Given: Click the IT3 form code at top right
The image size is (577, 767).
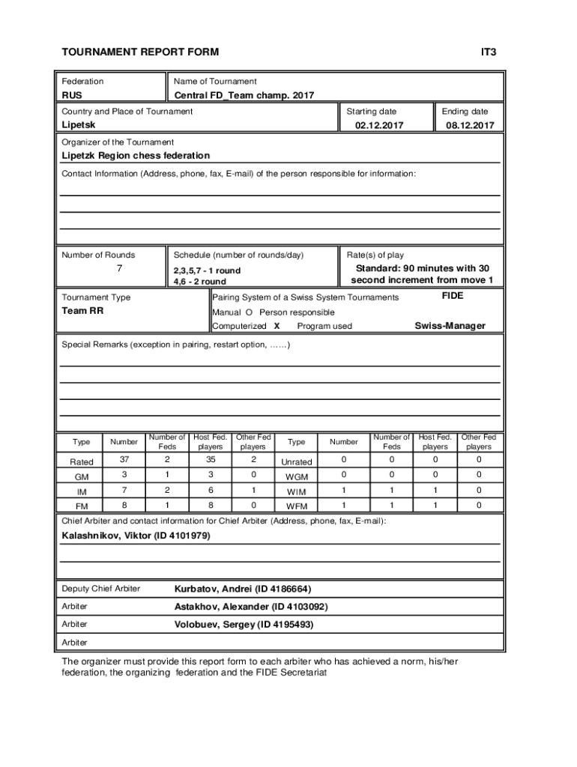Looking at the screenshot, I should pos(489,52).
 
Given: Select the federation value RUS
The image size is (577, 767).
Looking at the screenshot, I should pos(73,95).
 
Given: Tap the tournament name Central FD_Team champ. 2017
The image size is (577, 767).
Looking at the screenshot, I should pos(244,95).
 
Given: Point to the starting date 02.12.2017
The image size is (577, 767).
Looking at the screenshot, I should pos(378,126).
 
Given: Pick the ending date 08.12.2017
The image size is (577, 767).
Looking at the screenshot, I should pos(470,126).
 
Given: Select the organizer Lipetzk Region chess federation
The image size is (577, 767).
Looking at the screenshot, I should pos(136,156).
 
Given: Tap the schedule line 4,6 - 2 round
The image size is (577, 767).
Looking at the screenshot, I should pos(199,282).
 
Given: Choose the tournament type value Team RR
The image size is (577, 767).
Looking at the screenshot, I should pos(82,311).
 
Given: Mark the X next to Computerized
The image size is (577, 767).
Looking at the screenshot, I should pos(277,326).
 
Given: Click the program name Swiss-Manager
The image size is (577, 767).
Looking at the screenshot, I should pos(450,326).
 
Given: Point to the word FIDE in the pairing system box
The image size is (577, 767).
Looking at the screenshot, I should pos(453,296).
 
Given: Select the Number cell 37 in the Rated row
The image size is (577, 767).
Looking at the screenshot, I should pos(124,460).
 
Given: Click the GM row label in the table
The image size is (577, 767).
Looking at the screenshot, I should pos(82,476).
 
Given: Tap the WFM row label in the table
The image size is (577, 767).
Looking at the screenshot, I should pos(297,506).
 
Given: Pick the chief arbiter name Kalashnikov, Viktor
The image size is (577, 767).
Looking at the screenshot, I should pos(135,536).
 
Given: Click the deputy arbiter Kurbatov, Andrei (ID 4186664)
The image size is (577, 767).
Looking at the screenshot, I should pos(242,589).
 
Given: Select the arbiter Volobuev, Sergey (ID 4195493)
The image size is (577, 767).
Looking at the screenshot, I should pos(244,624).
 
